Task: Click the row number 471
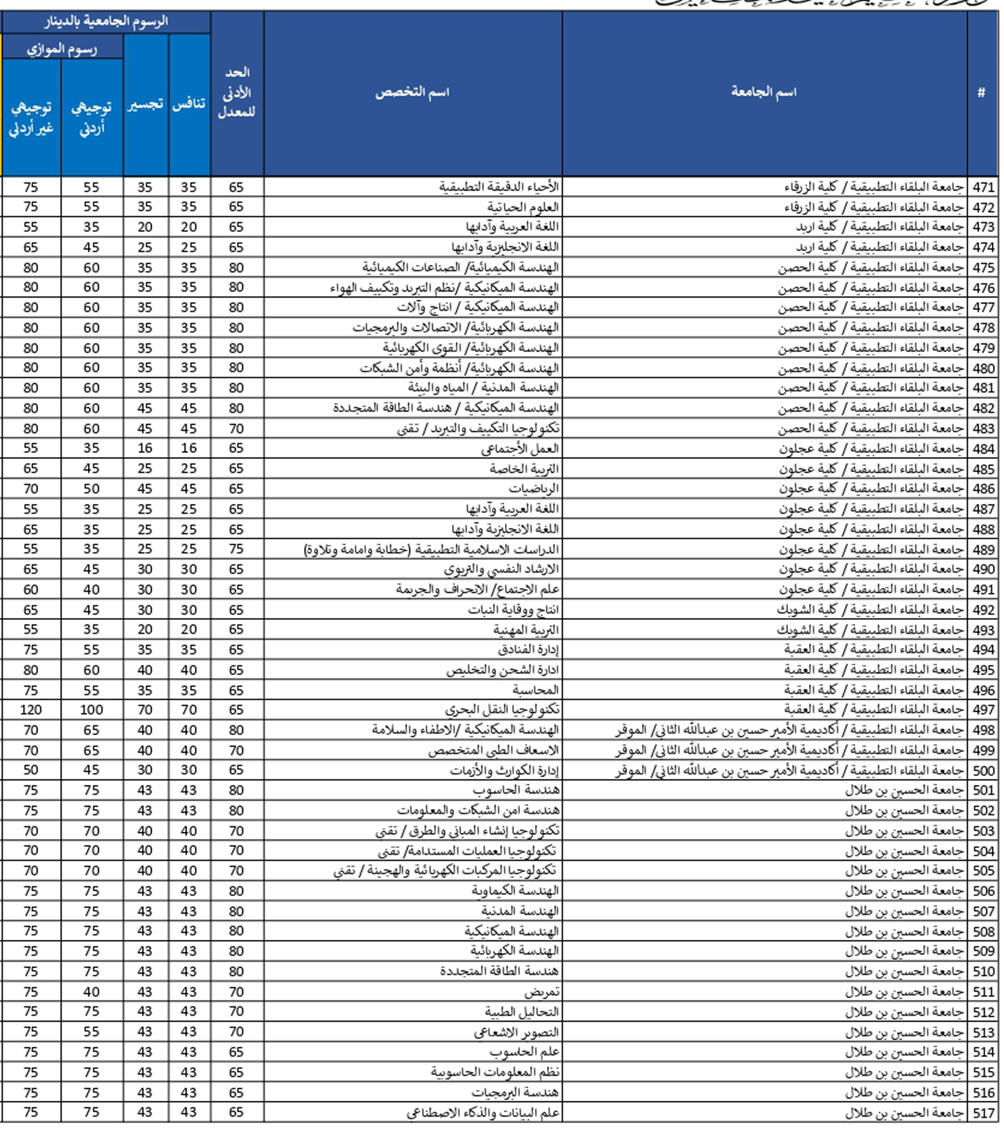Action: coord(983,187)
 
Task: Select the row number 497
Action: coord(983,710)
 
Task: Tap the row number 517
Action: coord(983,1113)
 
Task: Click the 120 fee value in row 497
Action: coord(31,710)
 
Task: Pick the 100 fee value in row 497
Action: coord(91,710)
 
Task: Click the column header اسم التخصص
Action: coord(412,92)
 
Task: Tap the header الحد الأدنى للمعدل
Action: coord(236,92)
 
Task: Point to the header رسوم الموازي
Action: coord(62,50)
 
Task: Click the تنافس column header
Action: coord(189,105)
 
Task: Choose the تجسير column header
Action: coord(145,105)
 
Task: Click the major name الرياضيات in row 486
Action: coord(533,489)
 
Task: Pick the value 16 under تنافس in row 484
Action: coord(189,448)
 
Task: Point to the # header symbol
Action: coord(981,92)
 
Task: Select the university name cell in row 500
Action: coord(790,770)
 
